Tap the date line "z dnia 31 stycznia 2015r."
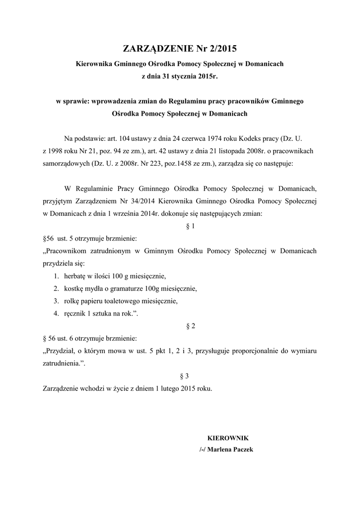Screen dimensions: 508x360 [x=180, y=76]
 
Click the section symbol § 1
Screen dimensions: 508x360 [x=190, y=227]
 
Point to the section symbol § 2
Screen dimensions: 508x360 [x=190, y=326]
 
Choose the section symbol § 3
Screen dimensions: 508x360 [x=190, y=376]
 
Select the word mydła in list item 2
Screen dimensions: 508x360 [x=95, y=289]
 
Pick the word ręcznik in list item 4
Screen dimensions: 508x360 [x=74, y=314]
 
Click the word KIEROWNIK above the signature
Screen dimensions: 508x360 [x=227, y=438]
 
